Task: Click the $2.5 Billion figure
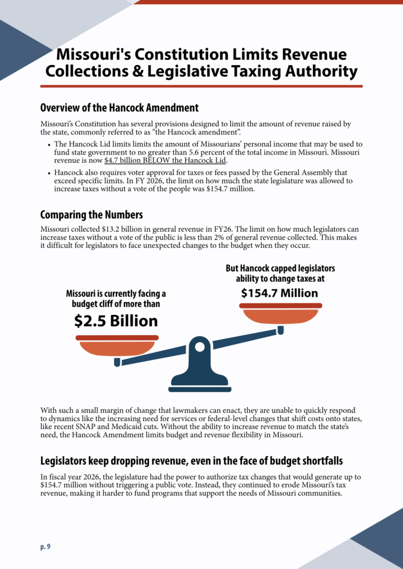(116, 321)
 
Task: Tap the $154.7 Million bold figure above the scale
(279, 293)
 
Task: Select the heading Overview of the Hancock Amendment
(119, 107)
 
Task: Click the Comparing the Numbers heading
(91, 215)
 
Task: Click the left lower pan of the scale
(117, 347)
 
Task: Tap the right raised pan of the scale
(281, 315)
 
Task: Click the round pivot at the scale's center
(199, 347)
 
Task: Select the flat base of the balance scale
(199, 387)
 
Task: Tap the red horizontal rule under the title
(201, 86)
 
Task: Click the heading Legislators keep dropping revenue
(191, 461)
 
